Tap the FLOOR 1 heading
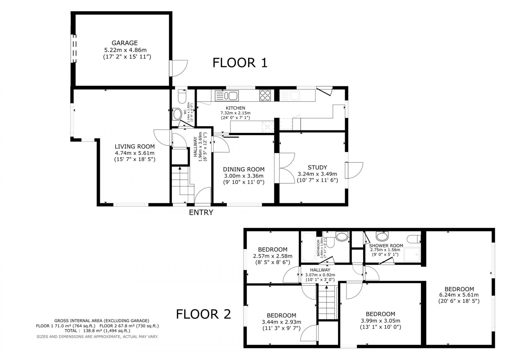(240, 63)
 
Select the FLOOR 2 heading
(204, 314)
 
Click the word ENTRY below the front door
(201, 212)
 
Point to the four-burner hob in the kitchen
(265, 96)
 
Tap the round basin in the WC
(176, 114)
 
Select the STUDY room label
(317, 167)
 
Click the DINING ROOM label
(244, 169)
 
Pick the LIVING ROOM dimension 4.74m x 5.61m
(135, 153)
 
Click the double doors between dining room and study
(284, 168)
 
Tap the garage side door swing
(179, 68)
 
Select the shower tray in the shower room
(412, 255)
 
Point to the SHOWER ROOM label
(386, 246)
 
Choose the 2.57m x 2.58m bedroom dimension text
(273, 256)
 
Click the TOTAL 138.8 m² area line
(97, 331)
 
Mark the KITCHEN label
(235, 108)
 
